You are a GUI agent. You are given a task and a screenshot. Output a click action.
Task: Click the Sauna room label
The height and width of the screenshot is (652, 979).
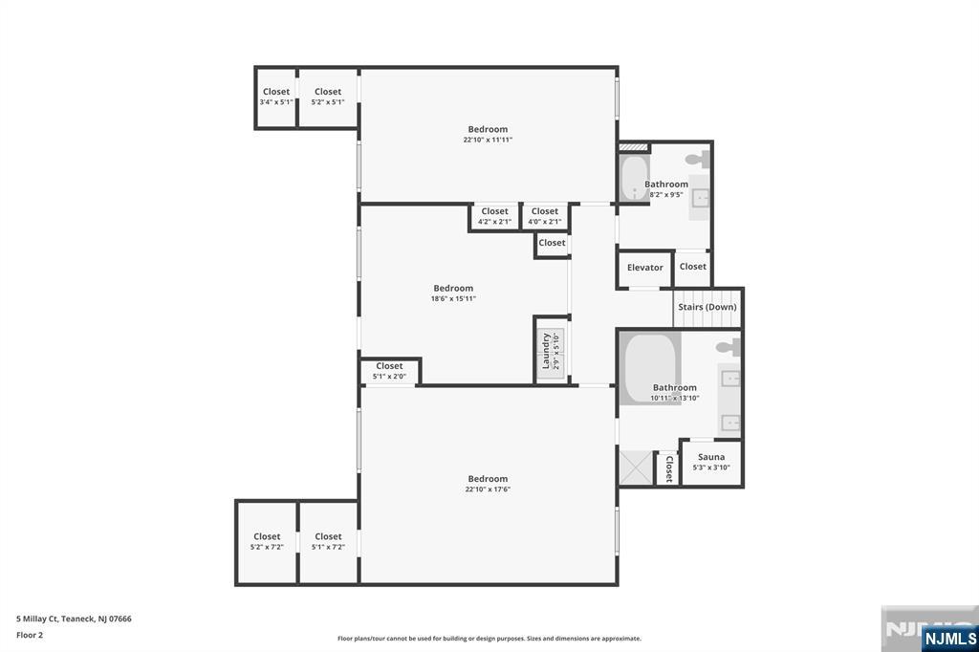coord(711,457)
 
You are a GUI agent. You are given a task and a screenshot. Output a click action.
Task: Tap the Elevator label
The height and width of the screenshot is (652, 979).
coord(644,268)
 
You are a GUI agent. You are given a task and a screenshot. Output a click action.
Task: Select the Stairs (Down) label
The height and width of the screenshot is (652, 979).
coord(707,307)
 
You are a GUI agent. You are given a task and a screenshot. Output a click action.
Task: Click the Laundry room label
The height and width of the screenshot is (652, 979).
coord(547,350)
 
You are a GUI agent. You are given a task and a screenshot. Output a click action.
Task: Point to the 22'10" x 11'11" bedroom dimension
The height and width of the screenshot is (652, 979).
coord(488,140)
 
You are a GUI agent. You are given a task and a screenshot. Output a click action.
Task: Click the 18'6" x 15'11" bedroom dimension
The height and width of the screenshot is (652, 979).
coord(453,298)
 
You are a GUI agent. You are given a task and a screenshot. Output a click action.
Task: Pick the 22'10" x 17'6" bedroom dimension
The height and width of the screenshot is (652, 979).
coord(488,489)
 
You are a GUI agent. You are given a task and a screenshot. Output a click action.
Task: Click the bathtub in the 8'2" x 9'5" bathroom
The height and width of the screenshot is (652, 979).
coord(633,178)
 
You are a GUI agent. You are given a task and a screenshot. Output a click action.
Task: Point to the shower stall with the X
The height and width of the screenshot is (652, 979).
coord(635,468)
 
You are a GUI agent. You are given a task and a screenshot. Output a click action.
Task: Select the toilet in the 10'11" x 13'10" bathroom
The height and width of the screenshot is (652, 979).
coord(729,346)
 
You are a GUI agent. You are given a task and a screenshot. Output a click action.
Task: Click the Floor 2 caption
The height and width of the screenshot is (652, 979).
coord(30,635)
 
